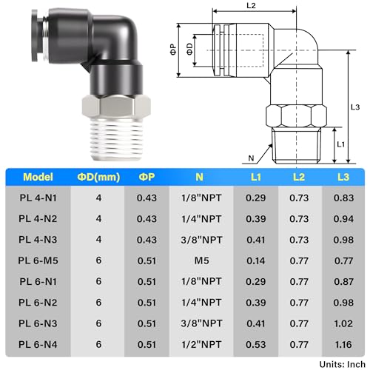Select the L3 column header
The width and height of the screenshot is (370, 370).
click(x=344, y=178)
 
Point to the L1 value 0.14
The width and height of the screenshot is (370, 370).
click(x=255, y=261)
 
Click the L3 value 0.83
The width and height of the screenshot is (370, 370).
click(x=344, y=199)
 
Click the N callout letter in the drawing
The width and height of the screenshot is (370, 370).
click(x=252, y=158)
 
